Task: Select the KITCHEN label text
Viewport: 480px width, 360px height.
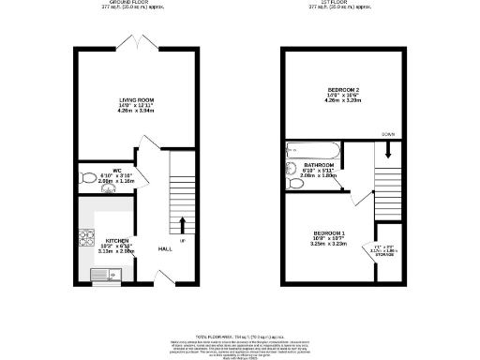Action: point(117,239)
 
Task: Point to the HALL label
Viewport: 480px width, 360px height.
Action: point(165,248)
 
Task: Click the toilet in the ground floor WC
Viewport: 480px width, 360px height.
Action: point(88,177)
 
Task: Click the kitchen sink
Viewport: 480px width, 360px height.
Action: point(103,274)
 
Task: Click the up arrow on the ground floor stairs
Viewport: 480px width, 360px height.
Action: point(181,224)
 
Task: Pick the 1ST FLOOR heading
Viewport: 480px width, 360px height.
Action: point(341,4)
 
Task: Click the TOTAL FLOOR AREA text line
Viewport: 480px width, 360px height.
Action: point(240,334)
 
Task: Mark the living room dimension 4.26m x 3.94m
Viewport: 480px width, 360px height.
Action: point(136,111)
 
